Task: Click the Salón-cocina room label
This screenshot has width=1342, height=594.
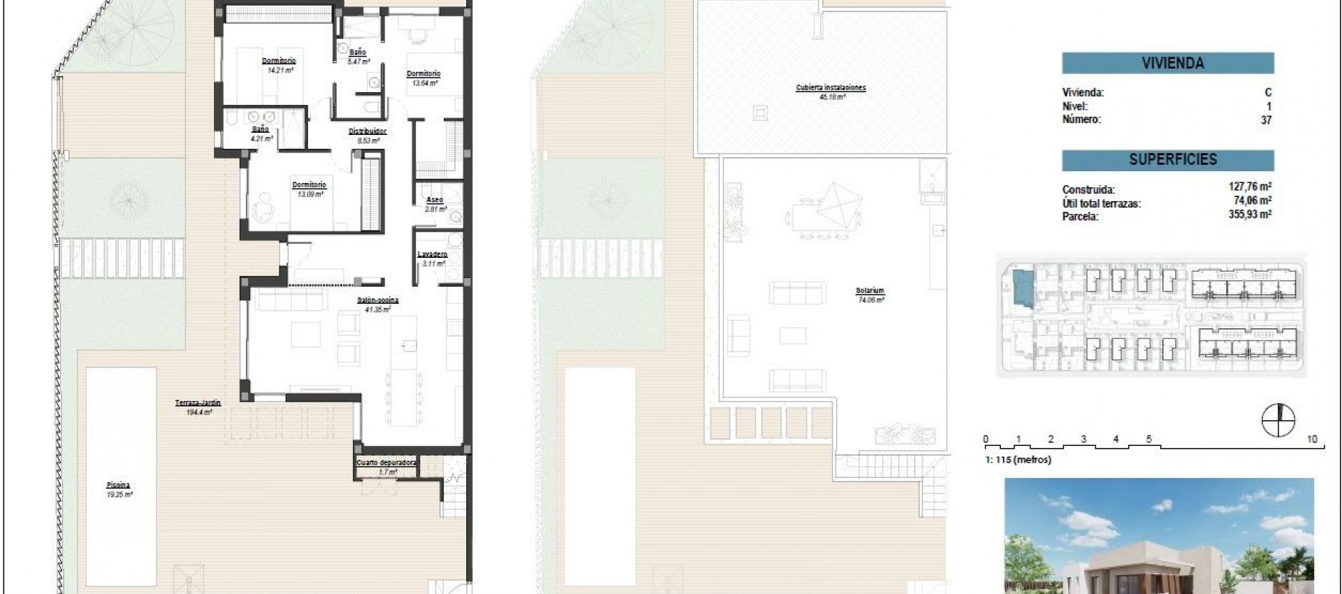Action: click(x=377, y=300)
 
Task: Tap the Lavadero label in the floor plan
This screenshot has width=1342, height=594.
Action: click(x=432, y=254)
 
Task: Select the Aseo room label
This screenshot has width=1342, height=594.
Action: click(x=434, y=200)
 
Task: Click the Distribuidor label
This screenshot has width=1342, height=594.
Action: click(x=368, y=131)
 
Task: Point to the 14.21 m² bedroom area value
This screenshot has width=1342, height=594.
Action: click(x=280, y=70)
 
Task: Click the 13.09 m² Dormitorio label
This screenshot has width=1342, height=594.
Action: click(x=309, y=184)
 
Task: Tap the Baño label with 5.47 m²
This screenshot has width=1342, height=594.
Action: click(x=357, y=52)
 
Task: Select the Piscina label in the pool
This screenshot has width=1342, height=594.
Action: click(x=118, y=485)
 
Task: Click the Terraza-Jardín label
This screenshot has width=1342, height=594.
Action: click(x=198, y=403)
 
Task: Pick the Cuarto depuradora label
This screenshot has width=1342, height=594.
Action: click(x=387, y=463)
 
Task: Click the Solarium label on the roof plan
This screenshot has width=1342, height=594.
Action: click(x=870, y=291)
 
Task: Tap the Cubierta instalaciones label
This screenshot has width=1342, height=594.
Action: click(x=830, y=88)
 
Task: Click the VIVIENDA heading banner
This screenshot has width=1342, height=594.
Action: click(x=1167, y=64)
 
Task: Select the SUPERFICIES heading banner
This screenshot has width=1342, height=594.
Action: click(x=1167, y=160)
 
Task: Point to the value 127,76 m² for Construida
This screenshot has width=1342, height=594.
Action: click(x=1250, y=187)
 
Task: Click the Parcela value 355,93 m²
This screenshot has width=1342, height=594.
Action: click(x=1250, y=215)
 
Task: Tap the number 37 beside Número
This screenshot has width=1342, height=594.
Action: click(x=1266, y=120)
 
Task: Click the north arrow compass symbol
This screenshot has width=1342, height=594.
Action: click(x=1278, y=421)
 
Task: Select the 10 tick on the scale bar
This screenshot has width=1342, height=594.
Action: click(x=1312, y=440)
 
